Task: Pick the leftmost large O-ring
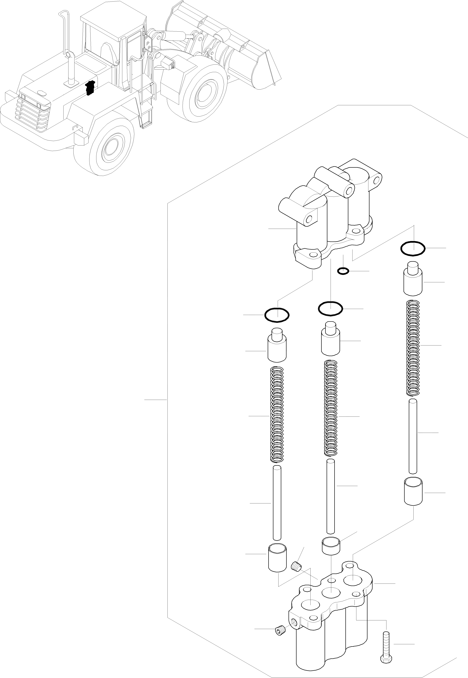point(277,315)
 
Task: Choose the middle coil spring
point(330,409)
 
